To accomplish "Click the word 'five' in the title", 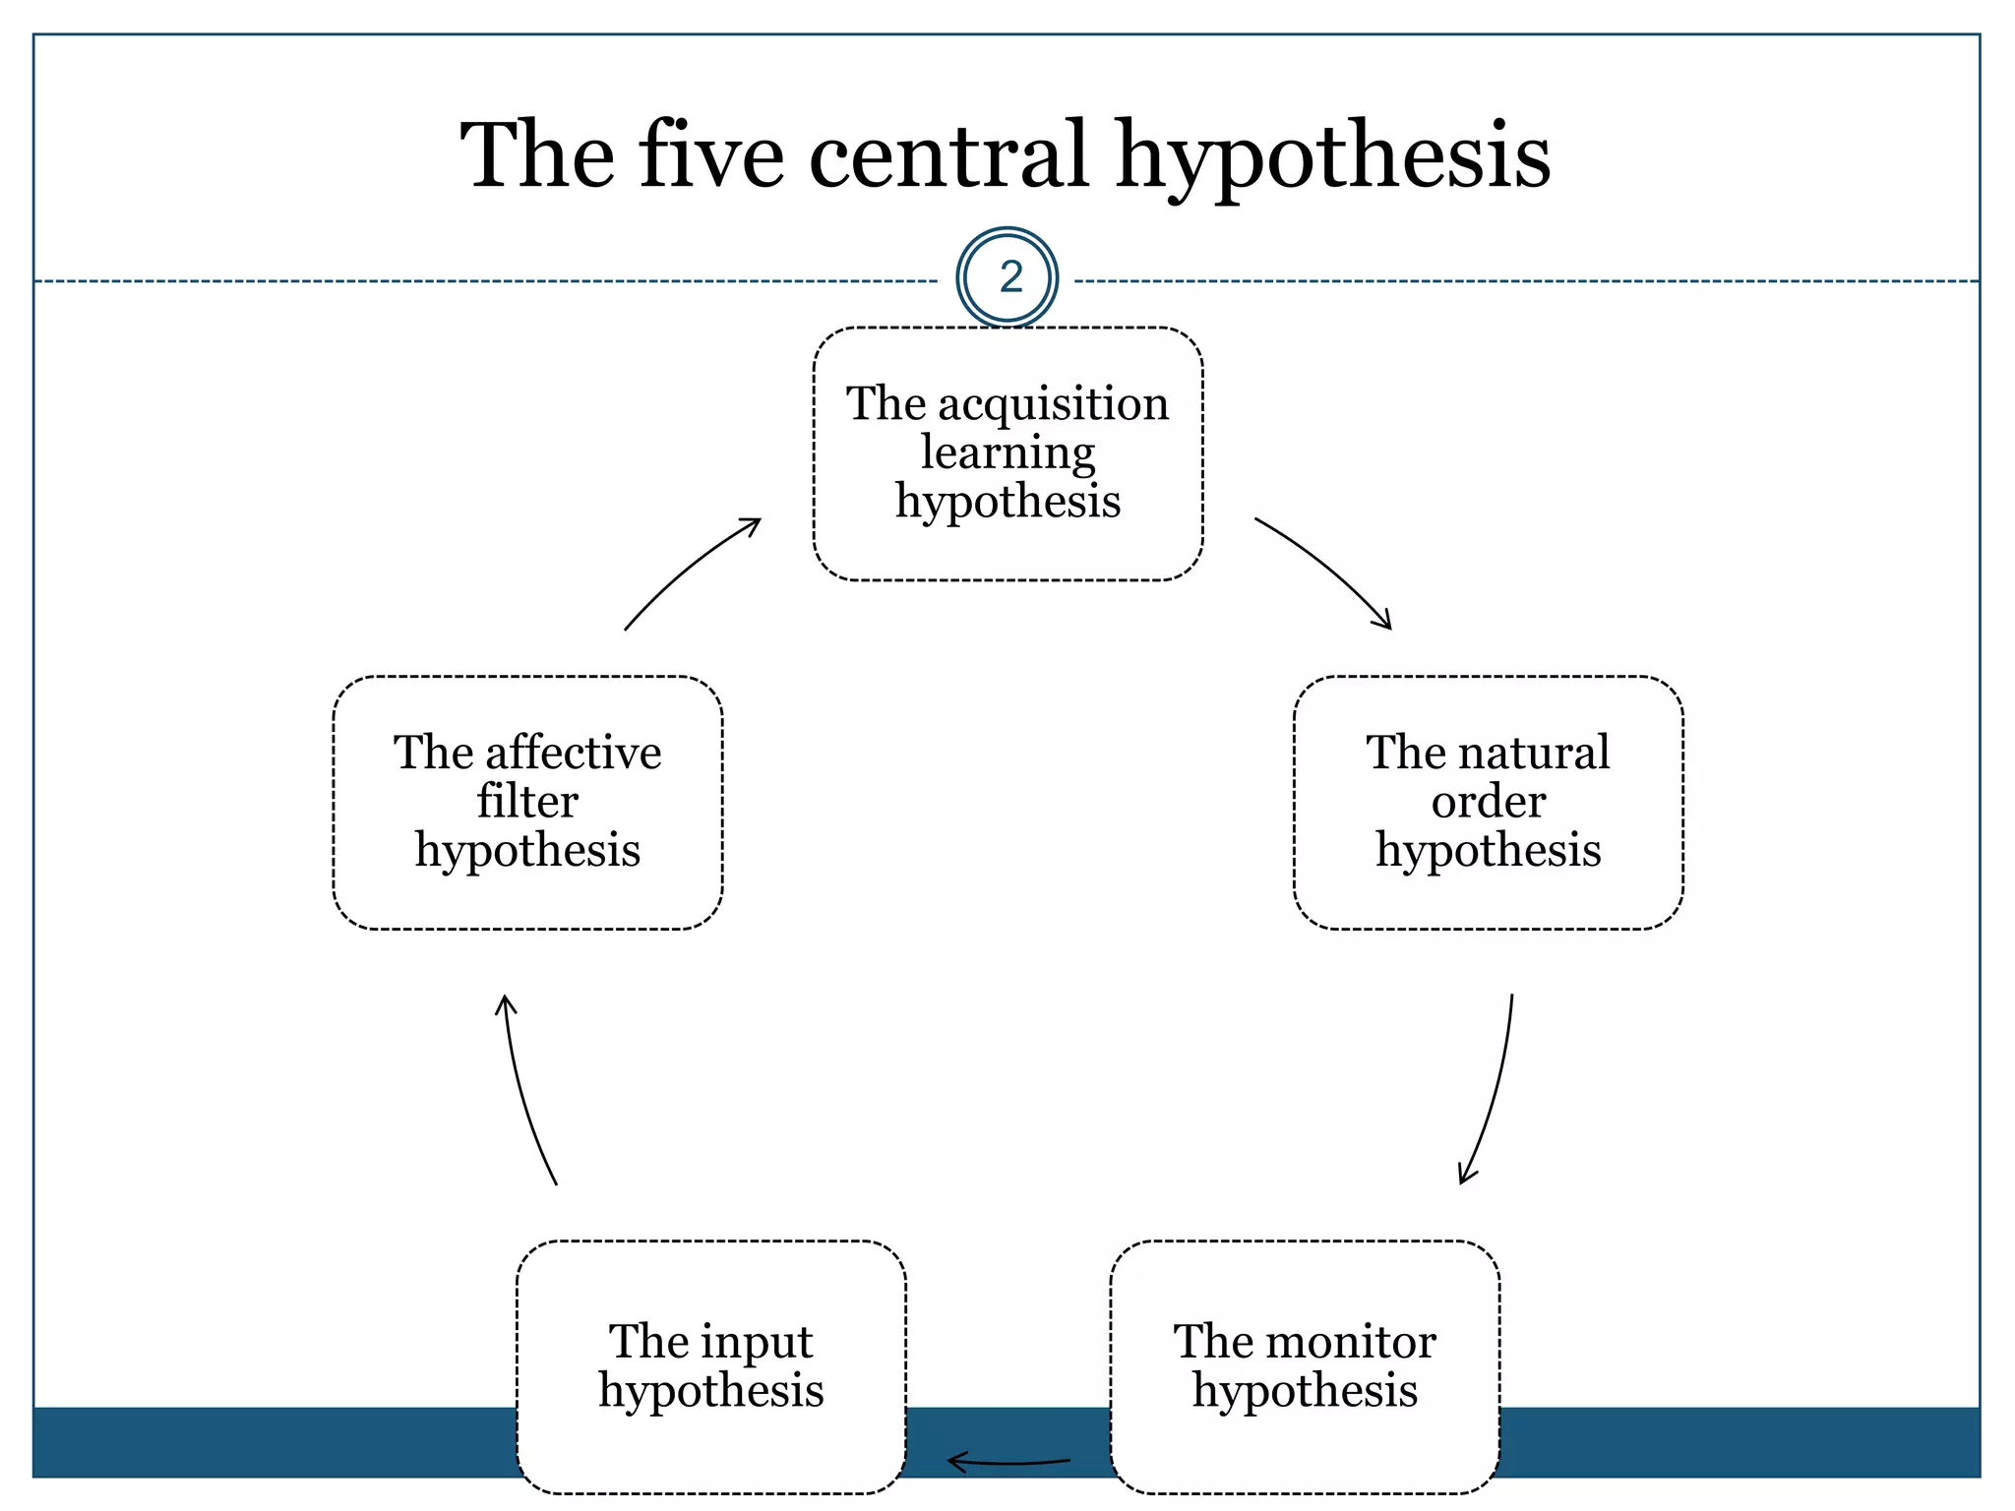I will click(x=710, y=155).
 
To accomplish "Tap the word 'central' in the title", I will click(x=947, y=155).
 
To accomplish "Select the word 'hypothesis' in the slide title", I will click(x=1332, y=157).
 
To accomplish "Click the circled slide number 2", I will click(x=1007, y=277).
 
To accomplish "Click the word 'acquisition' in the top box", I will click(x=1053, y=403).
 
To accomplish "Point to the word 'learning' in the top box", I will click(x=1007, y=453).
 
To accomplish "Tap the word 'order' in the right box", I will click(x=1488, y=802).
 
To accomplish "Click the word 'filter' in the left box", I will click(x=527, y=802).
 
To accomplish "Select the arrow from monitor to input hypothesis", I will click(x=1008, y=1463).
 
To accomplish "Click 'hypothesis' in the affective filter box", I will click(x=527, y=851).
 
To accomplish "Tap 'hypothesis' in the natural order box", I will click(x=1488, y=851).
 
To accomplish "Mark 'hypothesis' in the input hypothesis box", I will click(x=710, y=1392).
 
